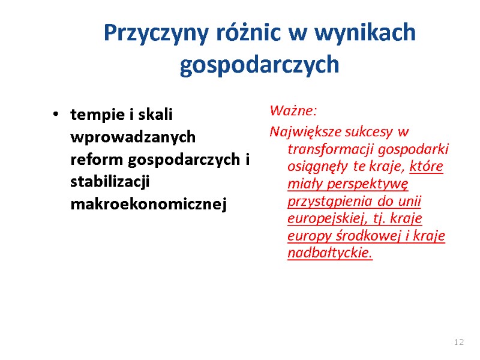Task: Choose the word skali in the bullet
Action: (x=155, y=114)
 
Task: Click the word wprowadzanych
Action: (x=133, y=137)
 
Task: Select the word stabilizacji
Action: (x=110, y=182)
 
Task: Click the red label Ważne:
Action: (x=293, y=111)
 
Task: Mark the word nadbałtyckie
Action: (x=330, y=253)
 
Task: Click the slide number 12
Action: (x=459, y=342)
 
